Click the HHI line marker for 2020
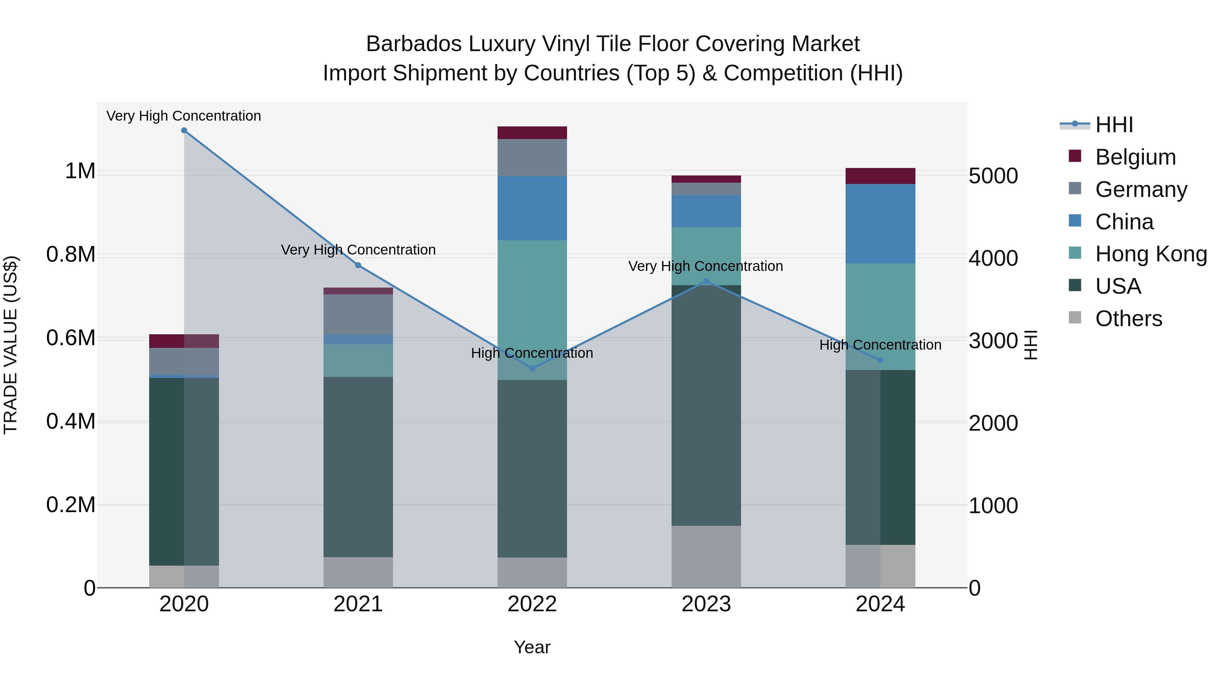[x=184, y=131]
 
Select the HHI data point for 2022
[x=532, y=368]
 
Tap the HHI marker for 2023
[x=706, y=281]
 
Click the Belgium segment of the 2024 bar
[x=880, y=176]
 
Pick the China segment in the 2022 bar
[x=532, y=208]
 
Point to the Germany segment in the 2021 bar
[x=358, y=314]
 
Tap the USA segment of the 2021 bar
[x=358, y=467]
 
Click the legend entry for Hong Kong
[x=1151, y=254]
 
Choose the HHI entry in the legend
[x=1114, y=125]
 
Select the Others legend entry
[x=1128, y=319]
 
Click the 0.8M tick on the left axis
[x=70, y=255]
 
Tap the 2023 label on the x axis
[x=706, y=604]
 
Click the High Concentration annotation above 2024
[x=880, y=345]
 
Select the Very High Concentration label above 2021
[x=358, y=250]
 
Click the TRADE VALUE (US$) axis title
[x=11, y=345]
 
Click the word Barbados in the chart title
[x=413, y=44]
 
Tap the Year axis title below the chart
[x=532, y=647]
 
